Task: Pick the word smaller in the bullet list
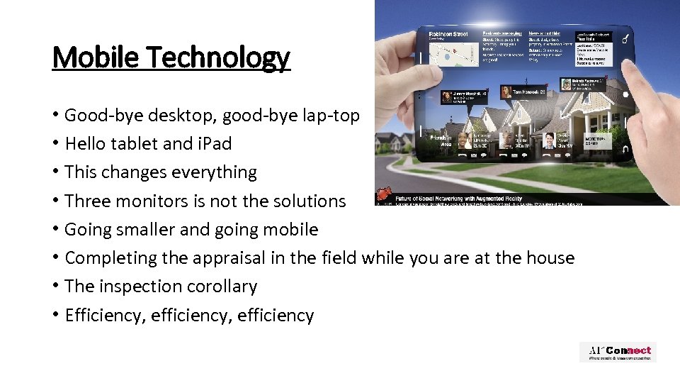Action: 154,229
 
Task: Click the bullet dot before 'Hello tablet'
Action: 55,144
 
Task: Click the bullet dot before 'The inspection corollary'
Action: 55,287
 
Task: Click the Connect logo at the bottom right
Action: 618,352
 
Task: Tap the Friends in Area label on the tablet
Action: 439,139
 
